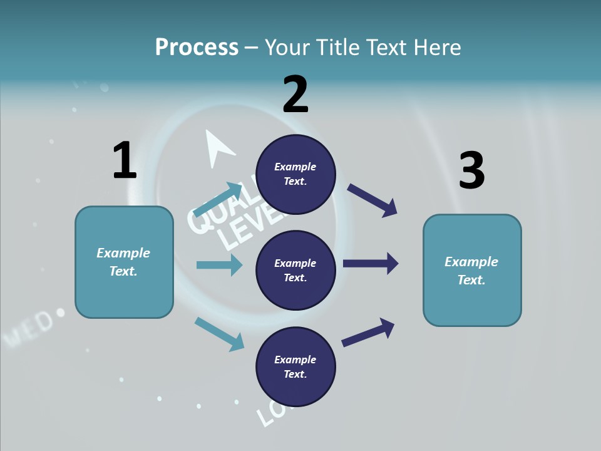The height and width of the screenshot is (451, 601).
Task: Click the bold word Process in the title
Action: pos(197,47)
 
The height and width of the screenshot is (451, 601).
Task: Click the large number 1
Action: pos(124,160)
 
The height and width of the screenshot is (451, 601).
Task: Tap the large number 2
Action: pos(295,95)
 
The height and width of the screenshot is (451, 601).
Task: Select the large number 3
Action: pos(471,171)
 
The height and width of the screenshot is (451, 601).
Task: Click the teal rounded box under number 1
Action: pos(124,262)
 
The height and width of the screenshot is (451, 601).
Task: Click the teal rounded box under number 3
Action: pos(472,270)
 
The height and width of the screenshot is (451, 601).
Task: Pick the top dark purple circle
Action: pos(295,174)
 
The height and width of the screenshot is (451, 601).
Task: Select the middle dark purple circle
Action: pos(295,270)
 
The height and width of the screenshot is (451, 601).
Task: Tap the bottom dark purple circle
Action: pos(295,366)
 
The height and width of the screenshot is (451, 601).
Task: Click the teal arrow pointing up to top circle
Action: pos(218,199)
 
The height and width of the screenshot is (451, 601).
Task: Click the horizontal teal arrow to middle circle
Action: pos(219,265)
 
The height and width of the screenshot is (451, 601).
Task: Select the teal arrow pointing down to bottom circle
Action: pos(219,333)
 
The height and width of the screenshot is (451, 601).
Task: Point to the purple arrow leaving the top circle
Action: pos(372,200)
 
